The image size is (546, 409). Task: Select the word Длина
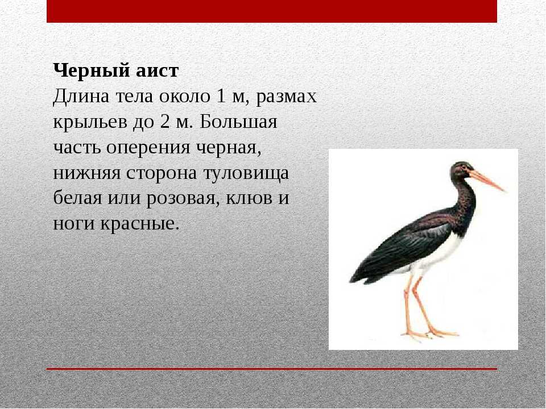[x=81, y=97]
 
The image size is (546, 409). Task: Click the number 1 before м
[x=221, y=96]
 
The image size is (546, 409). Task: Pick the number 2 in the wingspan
[x=165, y=122]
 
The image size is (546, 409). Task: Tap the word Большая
[x=238, y=122]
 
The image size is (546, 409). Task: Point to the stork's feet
[x=429, y=333]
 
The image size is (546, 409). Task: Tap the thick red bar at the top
[x=272, y=11]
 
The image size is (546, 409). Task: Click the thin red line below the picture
[x=272, y=369]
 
